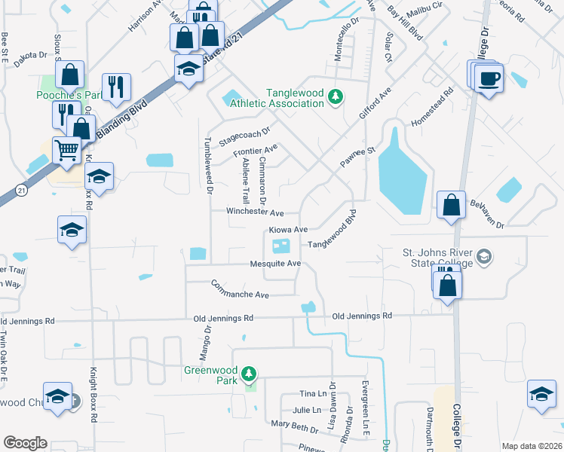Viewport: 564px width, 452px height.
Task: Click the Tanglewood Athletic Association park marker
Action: (x=339, y=96)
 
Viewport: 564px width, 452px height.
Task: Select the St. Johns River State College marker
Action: (x=483, y=257)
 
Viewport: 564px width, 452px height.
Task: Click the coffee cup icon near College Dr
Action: (x=489, y=77)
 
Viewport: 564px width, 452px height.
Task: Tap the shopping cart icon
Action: (x=67, y=150)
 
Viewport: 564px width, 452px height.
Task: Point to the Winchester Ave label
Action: (x=255, y=212)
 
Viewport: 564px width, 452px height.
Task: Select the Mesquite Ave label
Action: (x=276, y=264)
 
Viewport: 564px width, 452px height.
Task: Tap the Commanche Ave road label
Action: (x=240, y=289)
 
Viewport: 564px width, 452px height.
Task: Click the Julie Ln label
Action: (x=306, y=411)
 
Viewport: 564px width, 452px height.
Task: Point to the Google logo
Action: (x=25, y=443)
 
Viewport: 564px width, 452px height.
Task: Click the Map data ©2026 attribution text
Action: (x=532, y=446)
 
